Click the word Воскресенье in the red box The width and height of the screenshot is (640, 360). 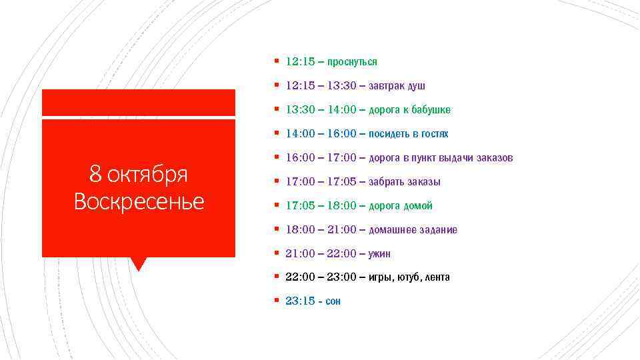pos(139,201)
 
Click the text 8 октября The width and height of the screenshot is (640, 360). pos(139,175)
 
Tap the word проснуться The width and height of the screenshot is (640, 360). pos(352,62)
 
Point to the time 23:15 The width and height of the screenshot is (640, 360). pos(299,301)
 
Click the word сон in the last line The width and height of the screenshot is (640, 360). pos(333,302)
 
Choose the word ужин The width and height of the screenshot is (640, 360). pos(379,254)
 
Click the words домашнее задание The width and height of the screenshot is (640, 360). pos(413,230)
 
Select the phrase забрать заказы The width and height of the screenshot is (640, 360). pos(405,182)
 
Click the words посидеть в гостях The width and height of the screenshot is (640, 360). pos(409,134)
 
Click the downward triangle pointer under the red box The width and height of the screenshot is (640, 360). pos(139,264)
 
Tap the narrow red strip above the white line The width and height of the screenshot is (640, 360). pos(139,102)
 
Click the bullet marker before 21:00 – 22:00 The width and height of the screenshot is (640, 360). pos(276,253)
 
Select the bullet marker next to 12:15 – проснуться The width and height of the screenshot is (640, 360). pos(276,61)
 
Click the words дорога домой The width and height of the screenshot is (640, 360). pos(401,206)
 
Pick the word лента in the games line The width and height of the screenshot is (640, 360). pos(437,277)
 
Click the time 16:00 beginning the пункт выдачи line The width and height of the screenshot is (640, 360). pos(300,158)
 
